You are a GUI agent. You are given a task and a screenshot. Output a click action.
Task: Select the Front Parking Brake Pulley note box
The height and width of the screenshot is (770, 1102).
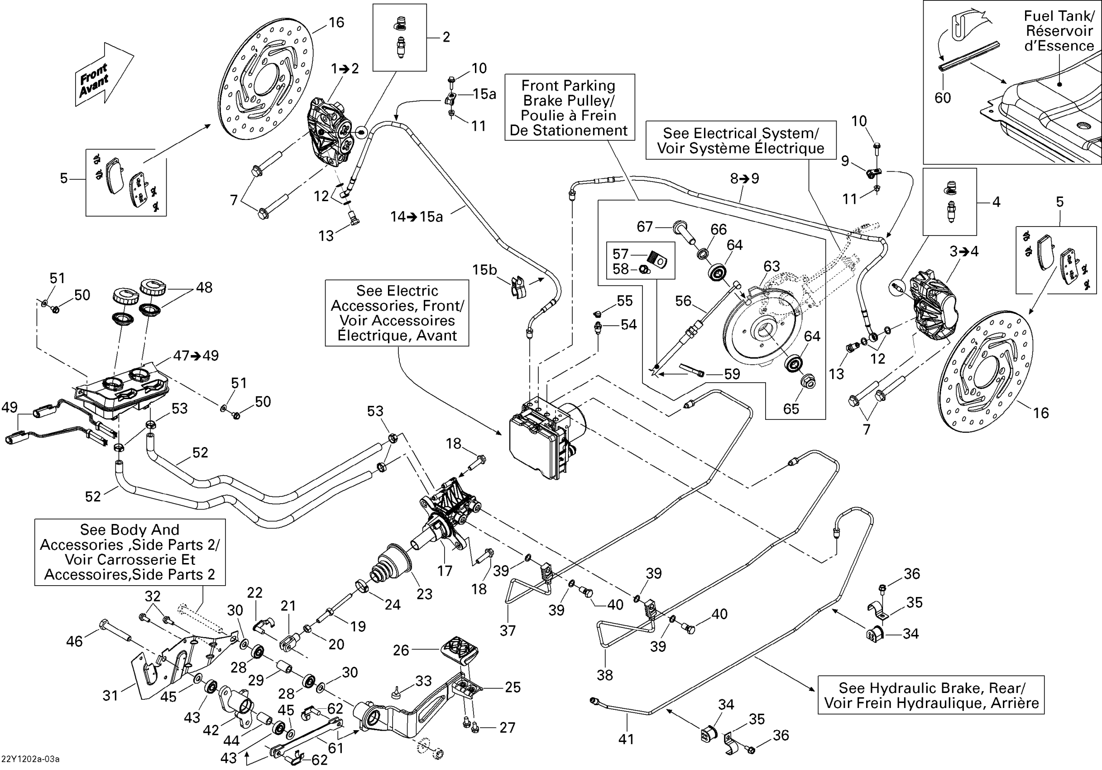569,107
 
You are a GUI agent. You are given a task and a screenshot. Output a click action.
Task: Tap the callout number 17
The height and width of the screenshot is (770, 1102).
445,571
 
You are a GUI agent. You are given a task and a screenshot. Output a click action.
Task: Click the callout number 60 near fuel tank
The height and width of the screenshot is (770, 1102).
943,98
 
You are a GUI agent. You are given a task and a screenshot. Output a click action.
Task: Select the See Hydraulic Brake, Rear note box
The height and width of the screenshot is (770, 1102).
931,695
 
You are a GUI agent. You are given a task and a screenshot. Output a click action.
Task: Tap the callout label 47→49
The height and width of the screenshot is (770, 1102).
196,356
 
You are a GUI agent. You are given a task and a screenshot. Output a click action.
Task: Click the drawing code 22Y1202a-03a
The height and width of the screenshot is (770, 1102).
31,759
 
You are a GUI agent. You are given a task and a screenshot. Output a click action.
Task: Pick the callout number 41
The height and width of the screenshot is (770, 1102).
626,739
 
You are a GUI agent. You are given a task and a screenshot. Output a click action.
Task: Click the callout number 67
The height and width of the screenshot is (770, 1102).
645,226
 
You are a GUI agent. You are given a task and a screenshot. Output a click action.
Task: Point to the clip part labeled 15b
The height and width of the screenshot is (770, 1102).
518,287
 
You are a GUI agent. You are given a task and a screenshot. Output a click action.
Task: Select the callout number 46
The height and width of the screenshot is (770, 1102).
74,641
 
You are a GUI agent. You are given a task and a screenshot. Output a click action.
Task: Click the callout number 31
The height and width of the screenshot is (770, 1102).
110,695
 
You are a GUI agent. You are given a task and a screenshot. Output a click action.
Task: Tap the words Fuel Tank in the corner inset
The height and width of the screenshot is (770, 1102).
1059,16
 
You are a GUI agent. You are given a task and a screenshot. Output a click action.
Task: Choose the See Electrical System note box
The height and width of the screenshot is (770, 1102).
741,141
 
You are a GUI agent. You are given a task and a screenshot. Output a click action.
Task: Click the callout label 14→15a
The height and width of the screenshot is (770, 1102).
416,217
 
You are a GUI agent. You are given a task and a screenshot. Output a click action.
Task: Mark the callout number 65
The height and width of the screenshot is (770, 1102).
791,409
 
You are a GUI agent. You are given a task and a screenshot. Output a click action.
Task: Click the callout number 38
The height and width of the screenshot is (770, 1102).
605,675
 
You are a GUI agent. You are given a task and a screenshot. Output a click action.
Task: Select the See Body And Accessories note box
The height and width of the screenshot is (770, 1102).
129,552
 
